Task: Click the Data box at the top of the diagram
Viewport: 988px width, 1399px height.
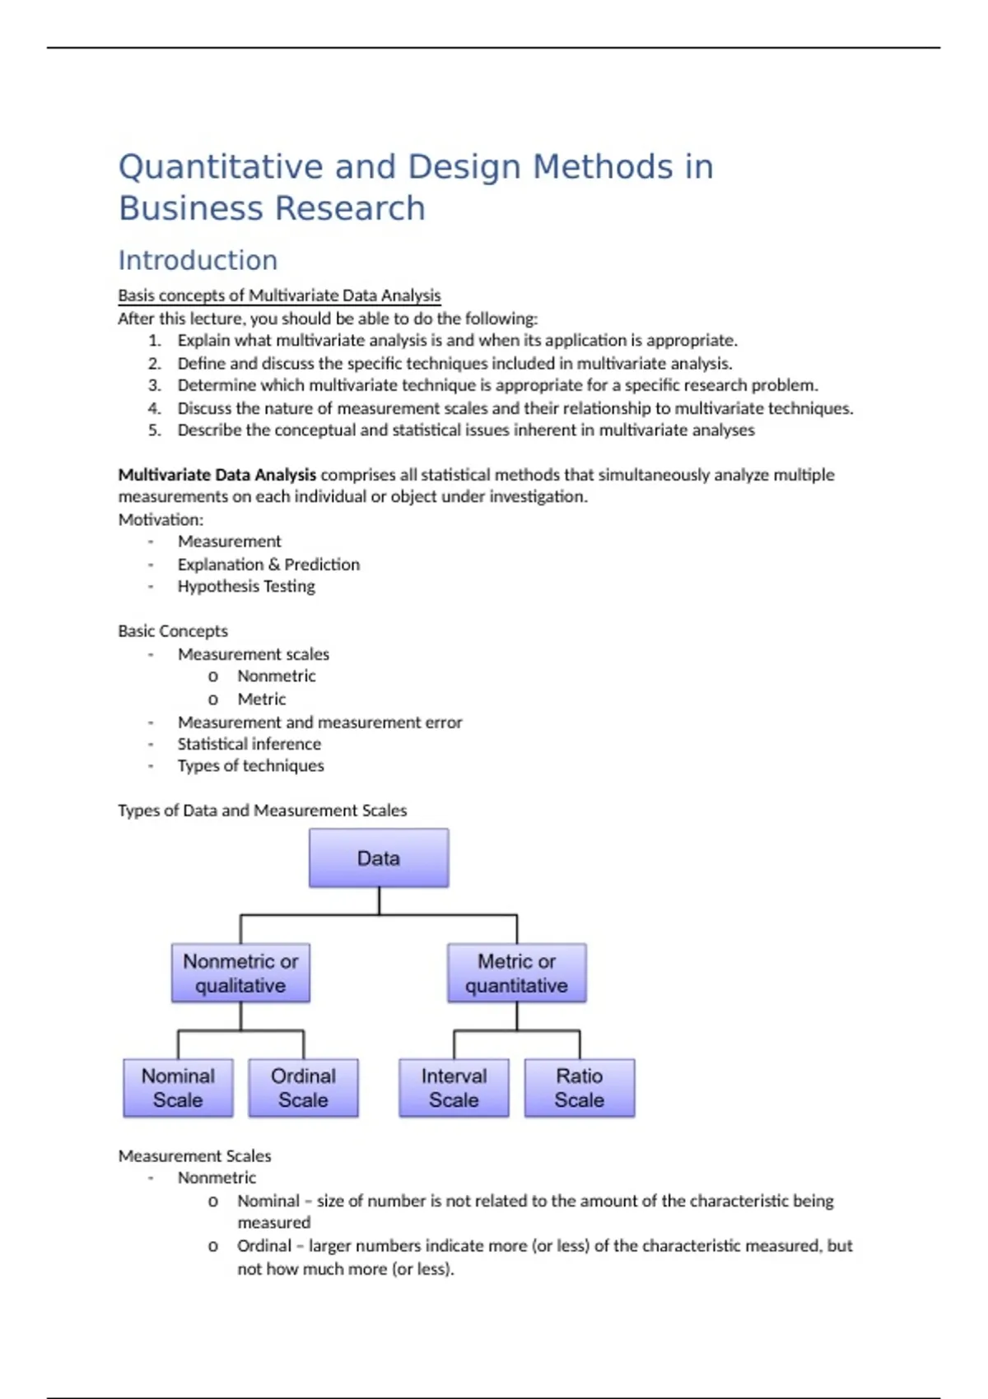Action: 379,858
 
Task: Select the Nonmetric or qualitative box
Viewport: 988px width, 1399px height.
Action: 240,974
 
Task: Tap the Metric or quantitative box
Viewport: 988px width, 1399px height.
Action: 516,974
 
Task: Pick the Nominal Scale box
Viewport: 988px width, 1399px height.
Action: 178,1088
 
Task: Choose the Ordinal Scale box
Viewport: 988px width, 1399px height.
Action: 303,1088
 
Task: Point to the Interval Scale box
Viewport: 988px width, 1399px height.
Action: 454,1088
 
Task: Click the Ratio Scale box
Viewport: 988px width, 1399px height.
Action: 579,1088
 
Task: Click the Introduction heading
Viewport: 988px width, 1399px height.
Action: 198,260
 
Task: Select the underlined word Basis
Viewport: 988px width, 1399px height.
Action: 136,295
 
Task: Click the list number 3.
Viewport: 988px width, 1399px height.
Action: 155,385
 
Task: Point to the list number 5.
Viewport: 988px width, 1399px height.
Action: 155,430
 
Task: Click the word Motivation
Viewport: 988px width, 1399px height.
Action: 160,520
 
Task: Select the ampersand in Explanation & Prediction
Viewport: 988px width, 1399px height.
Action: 274,565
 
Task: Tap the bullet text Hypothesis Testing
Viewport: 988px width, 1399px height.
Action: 246,587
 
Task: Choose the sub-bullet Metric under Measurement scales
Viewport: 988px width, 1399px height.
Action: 261,699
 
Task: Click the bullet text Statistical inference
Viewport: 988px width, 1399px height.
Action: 249,744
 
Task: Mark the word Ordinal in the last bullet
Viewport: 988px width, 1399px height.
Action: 263,1246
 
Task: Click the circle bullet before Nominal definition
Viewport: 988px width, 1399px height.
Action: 213,1201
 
